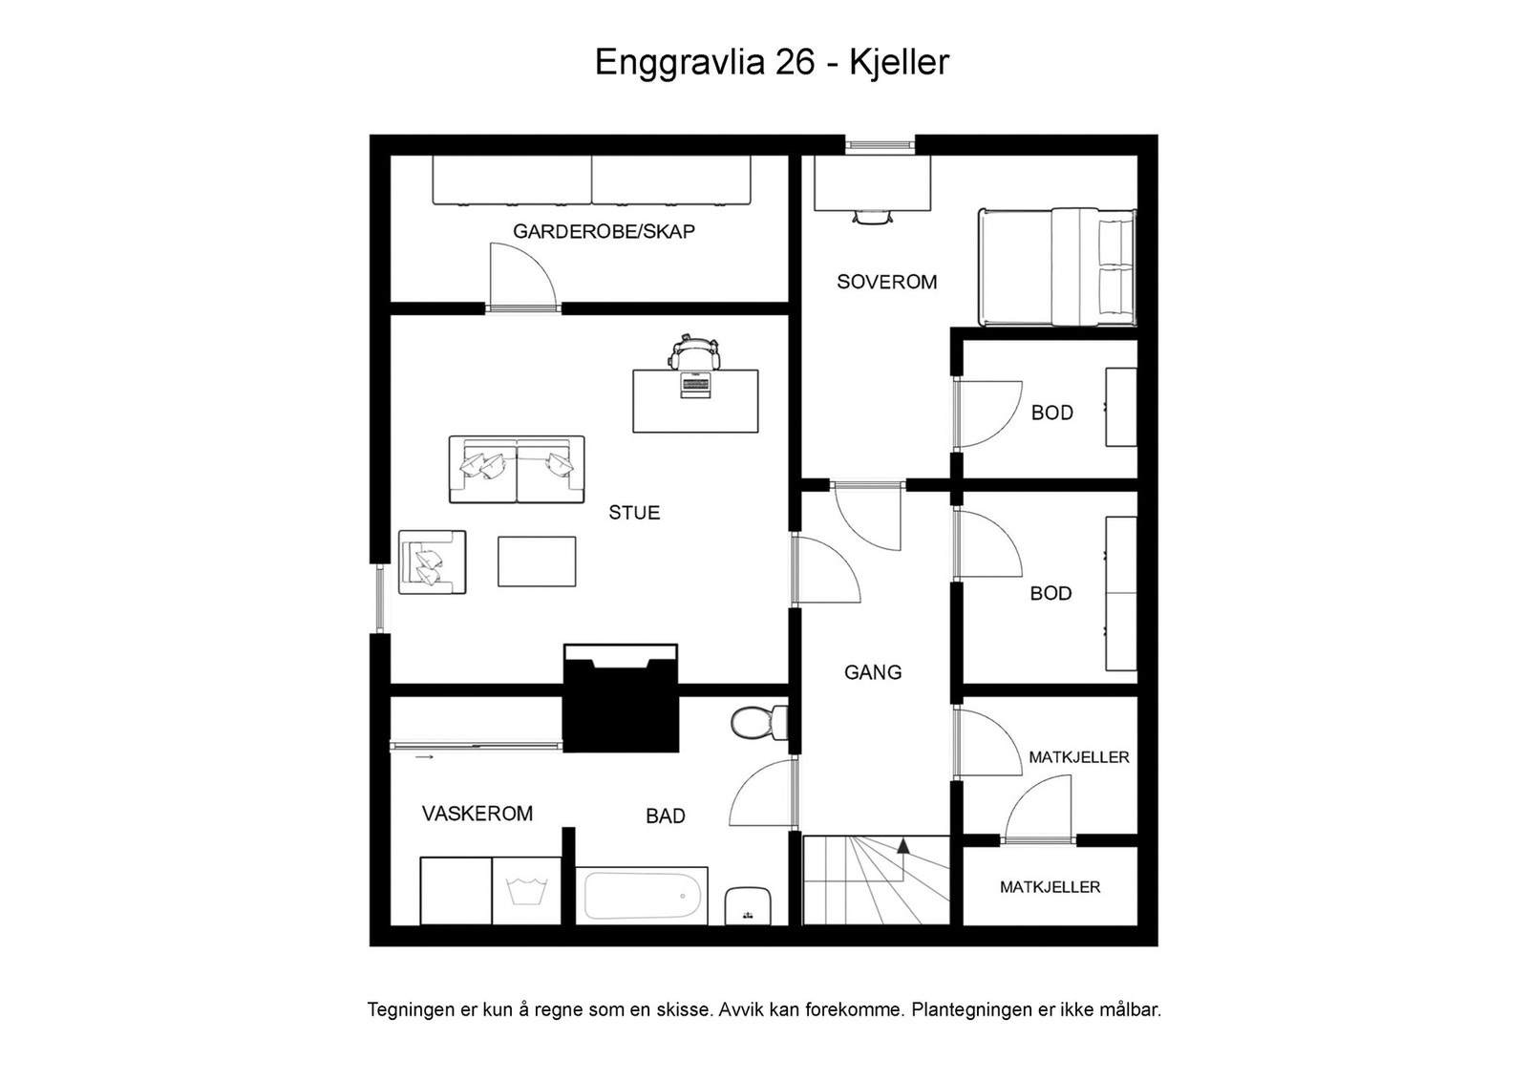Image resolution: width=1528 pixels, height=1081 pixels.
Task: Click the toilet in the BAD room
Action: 759,722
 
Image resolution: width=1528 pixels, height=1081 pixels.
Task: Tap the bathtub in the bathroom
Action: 641,896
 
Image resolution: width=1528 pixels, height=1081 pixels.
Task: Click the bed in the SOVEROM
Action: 1057,267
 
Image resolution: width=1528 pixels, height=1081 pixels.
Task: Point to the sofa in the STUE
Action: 517,470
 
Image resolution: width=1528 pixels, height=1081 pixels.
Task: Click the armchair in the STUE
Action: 433,562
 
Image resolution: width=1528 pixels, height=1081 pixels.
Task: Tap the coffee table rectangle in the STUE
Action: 537,562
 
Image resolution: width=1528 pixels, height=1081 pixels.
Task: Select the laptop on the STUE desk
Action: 695,386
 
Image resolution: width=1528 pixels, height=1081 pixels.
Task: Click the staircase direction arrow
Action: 902,846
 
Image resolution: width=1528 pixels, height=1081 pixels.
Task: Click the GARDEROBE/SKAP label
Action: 604,231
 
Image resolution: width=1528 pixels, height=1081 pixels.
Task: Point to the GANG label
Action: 872,672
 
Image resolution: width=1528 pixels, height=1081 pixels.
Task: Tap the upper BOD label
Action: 1051,413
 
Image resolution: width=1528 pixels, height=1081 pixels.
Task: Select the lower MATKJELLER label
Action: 1050,887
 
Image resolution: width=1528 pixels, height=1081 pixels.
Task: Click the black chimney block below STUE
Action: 621,707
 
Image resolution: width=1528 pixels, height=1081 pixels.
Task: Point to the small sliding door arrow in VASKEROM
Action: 425,757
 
